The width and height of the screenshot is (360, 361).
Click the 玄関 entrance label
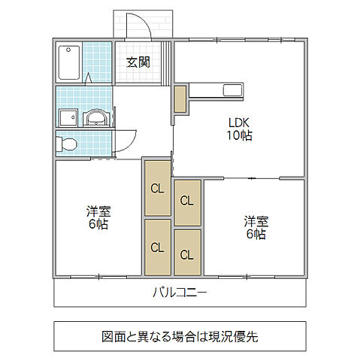138,62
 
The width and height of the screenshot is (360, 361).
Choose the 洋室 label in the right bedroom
255,222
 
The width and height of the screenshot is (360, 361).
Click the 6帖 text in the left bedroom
96,224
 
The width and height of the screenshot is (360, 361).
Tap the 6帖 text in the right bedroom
255,234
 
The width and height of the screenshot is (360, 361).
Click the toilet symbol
66,143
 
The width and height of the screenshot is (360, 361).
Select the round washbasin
96,119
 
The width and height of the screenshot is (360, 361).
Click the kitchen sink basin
232,91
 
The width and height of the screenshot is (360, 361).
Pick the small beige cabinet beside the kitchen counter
180,99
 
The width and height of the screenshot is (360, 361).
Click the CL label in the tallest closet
156,189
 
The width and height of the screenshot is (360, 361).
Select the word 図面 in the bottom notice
113,336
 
